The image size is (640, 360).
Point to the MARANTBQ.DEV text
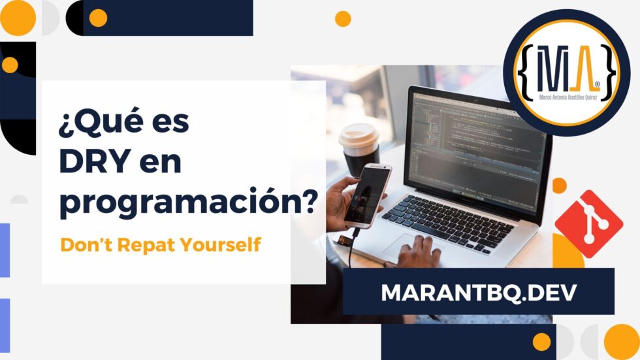[479, 292]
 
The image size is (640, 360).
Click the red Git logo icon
[588, 221]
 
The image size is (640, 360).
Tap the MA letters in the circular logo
[566, 68]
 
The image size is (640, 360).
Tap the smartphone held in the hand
[368, 195]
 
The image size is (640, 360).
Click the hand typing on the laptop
[419, 252]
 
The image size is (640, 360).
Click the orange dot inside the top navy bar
[98, 18]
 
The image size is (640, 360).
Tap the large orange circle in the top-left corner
[18, 17]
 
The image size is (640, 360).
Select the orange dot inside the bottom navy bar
[541, 342]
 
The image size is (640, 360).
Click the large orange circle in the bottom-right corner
[621, 342]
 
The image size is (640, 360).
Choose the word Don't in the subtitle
[79, 246]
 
